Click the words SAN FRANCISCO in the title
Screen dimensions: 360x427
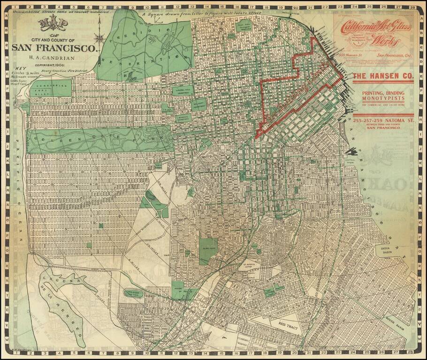coord(54,47)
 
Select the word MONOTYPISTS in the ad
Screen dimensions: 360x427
coord(382,99)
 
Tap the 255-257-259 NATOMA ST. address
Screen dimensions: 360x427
coord(382,120)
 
